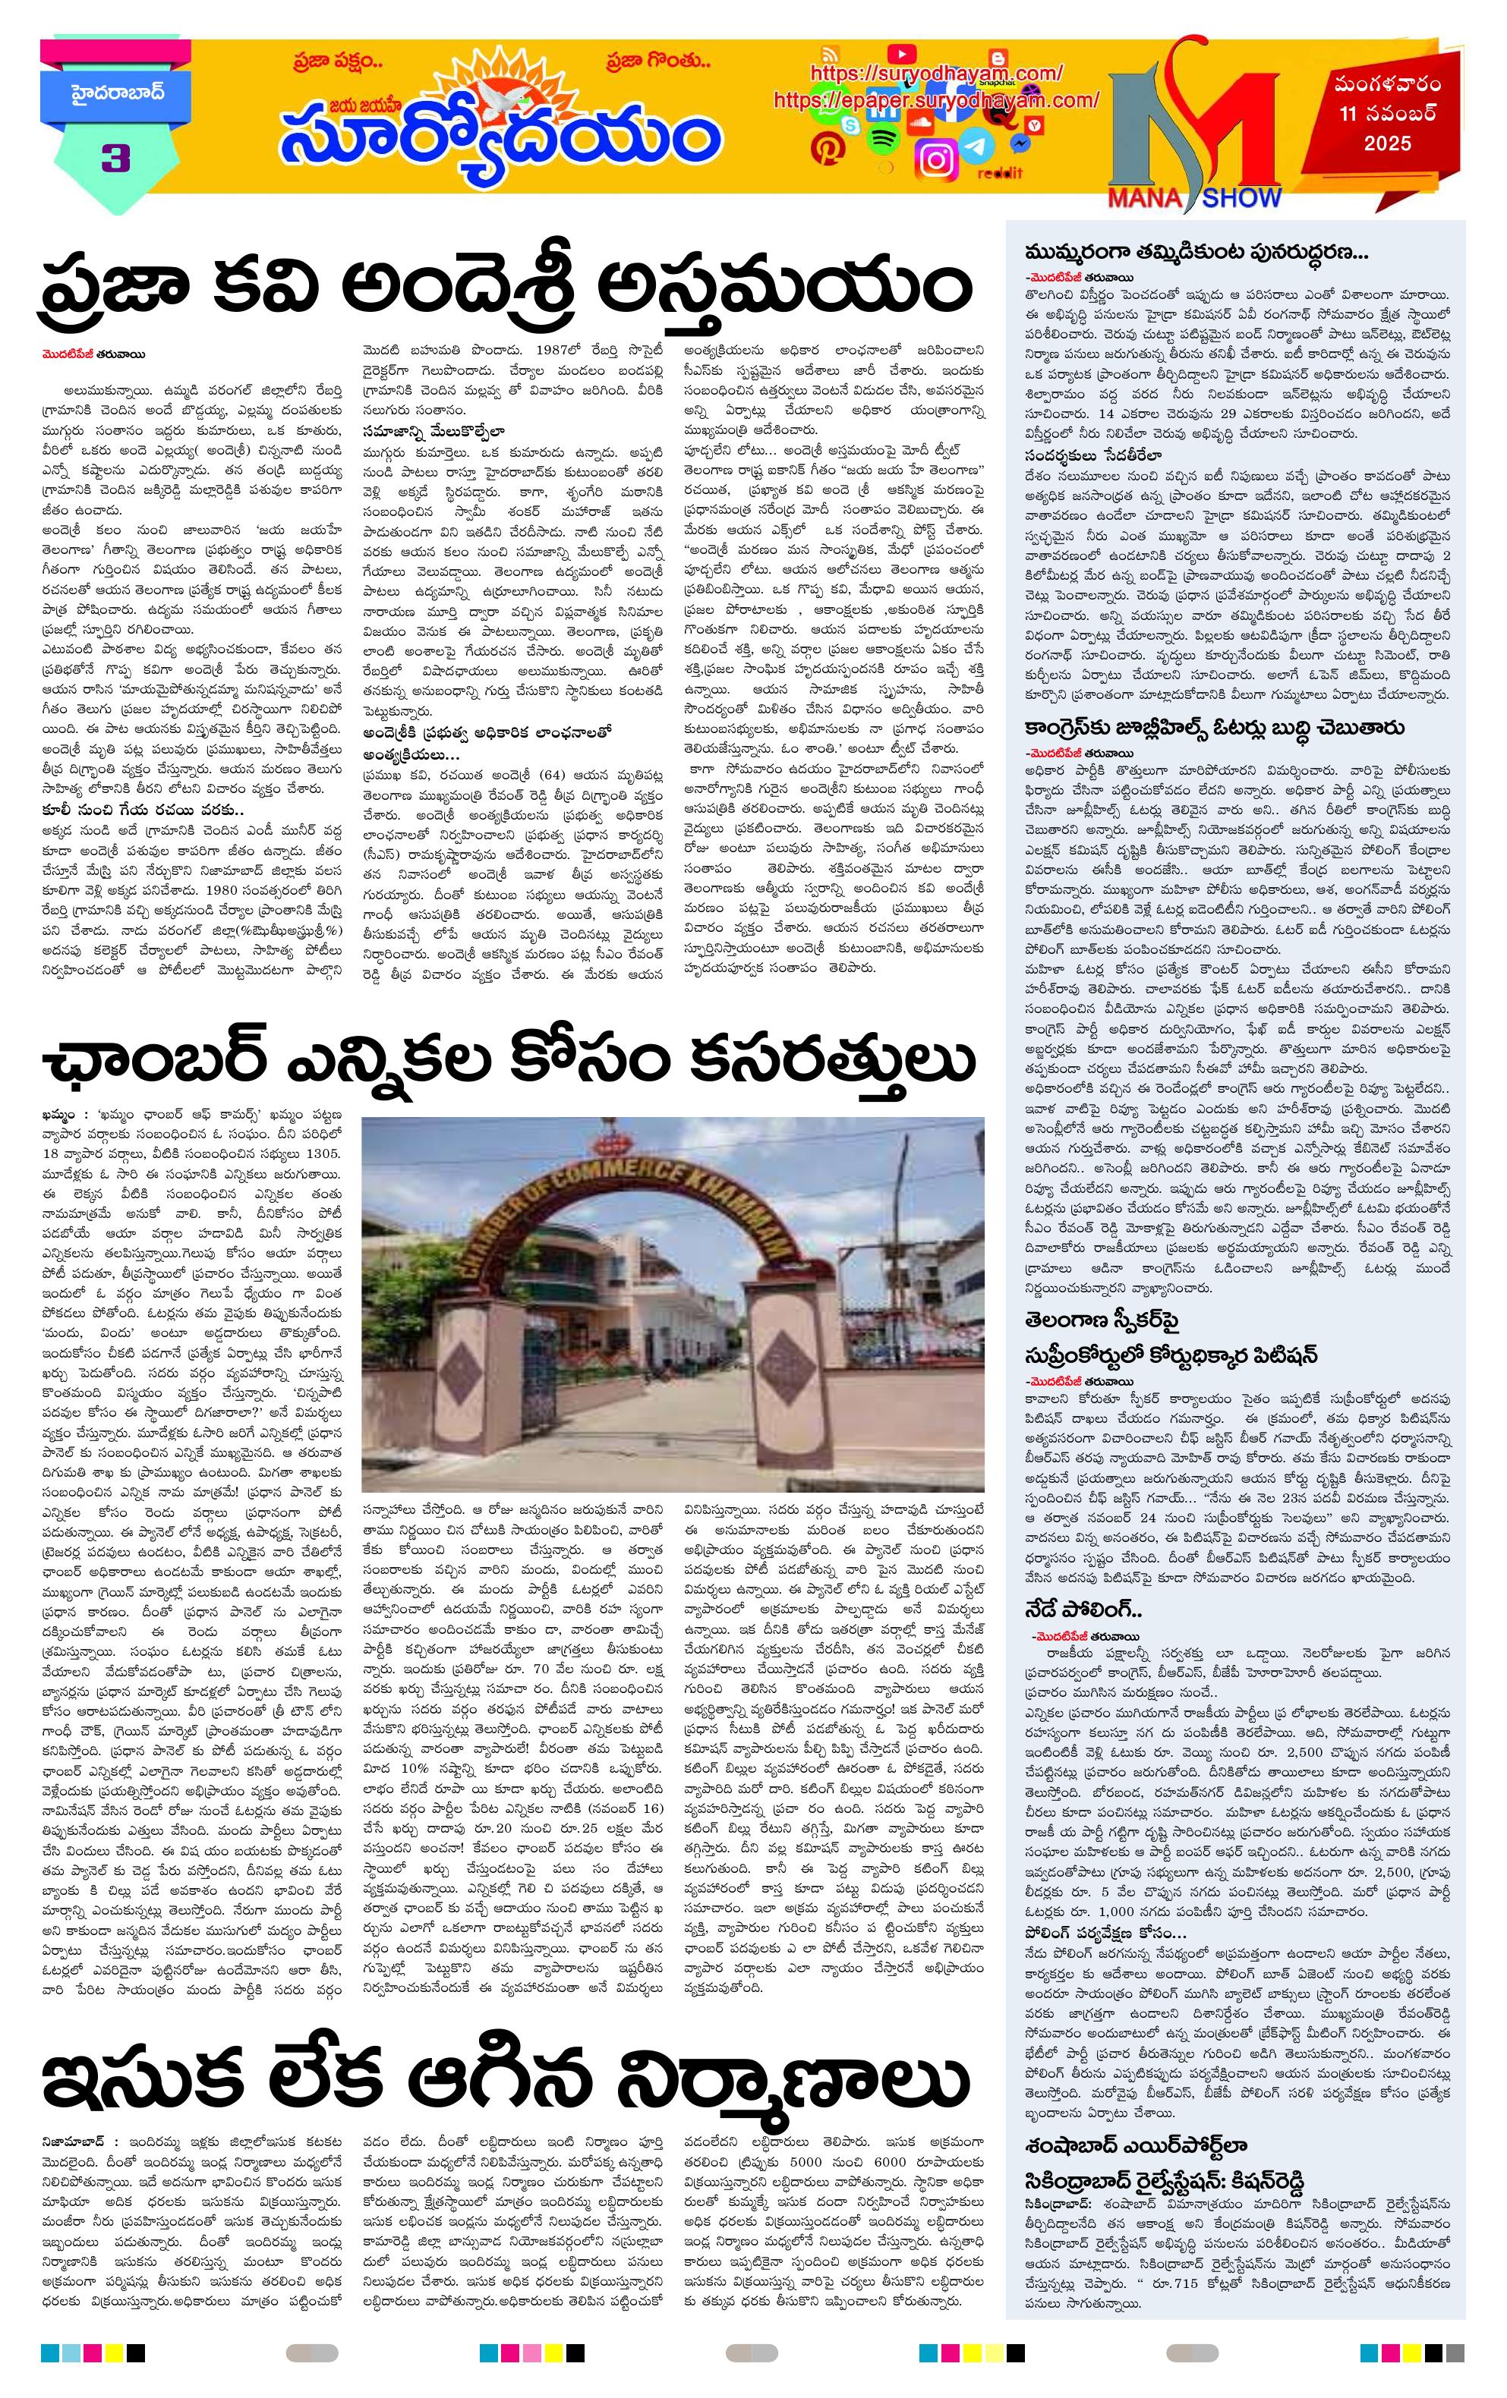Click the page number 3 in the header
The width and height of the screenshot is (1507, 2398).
pos(115,159)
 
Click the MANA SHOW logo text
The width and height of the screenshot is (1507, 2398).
pos(1193,197)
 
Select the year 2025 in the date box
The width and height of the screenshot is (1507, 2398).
pos(1388,143)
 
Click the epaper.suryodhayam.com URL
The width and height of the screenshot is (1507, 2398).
pos(935,99)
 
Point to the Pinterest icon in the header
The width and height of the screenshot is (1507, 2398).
pos(826,150)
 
